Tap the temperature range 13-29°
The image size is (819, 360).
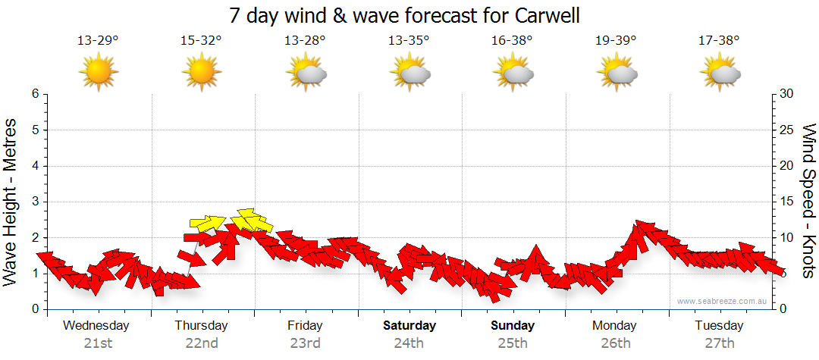pos(98,40)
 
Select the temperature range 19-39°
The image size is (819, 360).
pos(616,40)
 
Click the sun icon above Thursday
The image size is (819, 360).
pos(202,73)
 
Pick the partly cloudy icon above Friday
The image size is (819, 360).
pos(306,73)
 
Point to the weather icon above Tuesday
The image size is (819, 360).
pos(720,73)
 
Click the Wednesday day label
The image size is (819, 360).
pos(96,326)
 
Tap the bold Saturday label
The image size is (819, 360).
pos(409,326)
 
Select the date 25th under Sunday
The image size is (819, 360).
pos(513,343)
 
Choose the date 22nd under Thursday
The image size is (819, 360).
pos(202,343)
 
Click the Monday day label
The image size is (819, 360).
pos(615,326)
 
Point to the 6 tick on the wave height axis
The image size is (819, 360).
pos(35,95)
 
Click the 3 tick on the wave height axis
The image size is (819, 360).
pos(35,202)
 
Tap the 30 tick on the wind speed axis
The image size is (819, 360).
pos(786,95)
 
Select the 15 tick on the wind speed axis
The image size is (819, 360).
pos(786,202)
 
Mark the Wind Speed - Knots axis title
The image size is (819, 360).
pos(808,202)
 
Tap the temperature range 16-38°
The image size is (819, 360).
pos(512,40)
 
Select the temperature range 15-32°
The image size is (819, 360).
pos(202,40)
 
